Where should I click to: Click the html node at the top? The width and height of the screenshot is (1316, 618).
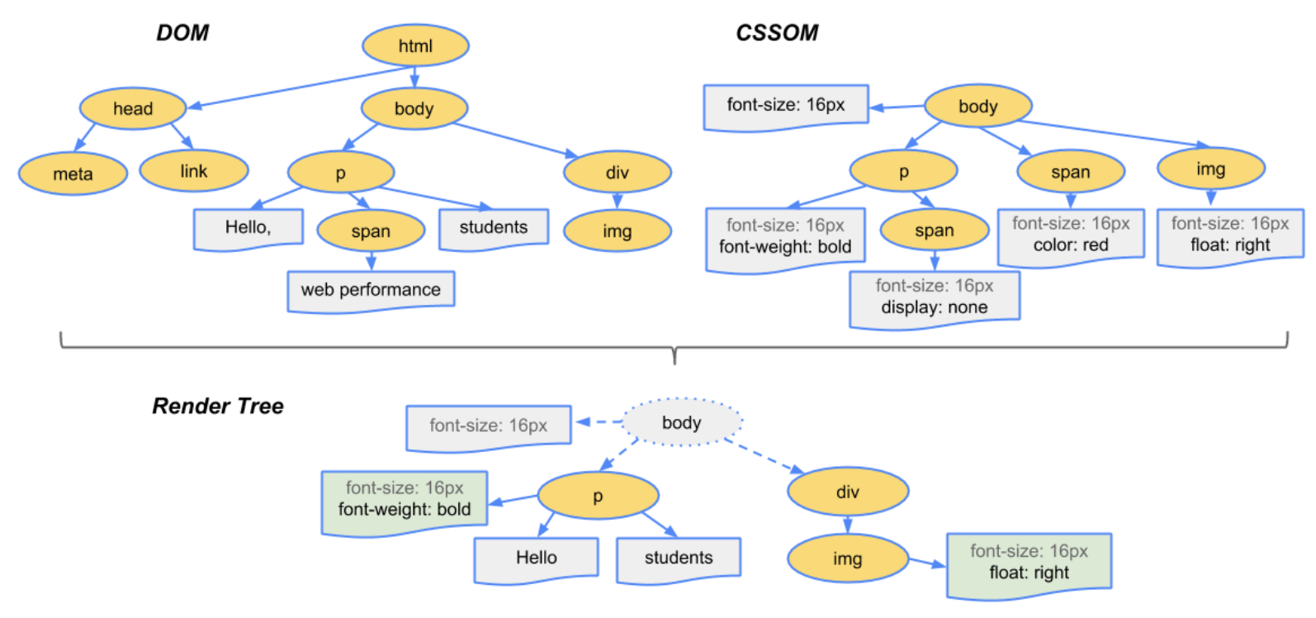[x=415, y=45]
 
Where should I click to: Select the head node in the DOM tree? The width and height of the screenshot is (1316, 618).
[x=133, y=108]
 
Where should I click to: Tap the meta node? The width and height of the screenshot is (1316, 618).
[x=73, y=174]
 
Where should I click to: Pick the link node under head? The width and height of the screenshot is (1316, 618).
[x=194, y=171]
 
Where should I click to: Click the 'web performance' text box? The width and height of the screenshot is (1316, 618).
[x=371, y=291]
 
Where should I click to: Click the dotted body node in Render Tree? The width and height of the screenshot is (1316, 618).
[x=681, y=422]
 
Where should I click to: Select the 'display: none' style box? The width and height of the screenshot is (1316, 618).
[x=934, y=299]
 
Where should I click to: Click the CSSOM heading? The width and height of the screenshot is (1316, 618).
[x=777, y=33]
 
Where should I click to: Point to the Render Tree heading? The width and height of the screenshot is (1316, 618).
[x=218, y=406]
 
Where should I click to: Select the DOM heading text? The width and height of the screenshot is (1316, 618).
[x=182, y=33]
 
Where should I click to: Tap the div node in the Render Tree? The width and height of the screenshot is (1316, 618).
[x=848, y=491]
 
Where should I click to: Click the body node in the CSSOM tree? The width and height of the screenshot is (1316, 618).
[x=978, y=106]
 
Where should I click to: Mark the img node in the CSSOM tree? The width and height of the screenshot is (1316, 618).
[x=1211, y=169]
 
